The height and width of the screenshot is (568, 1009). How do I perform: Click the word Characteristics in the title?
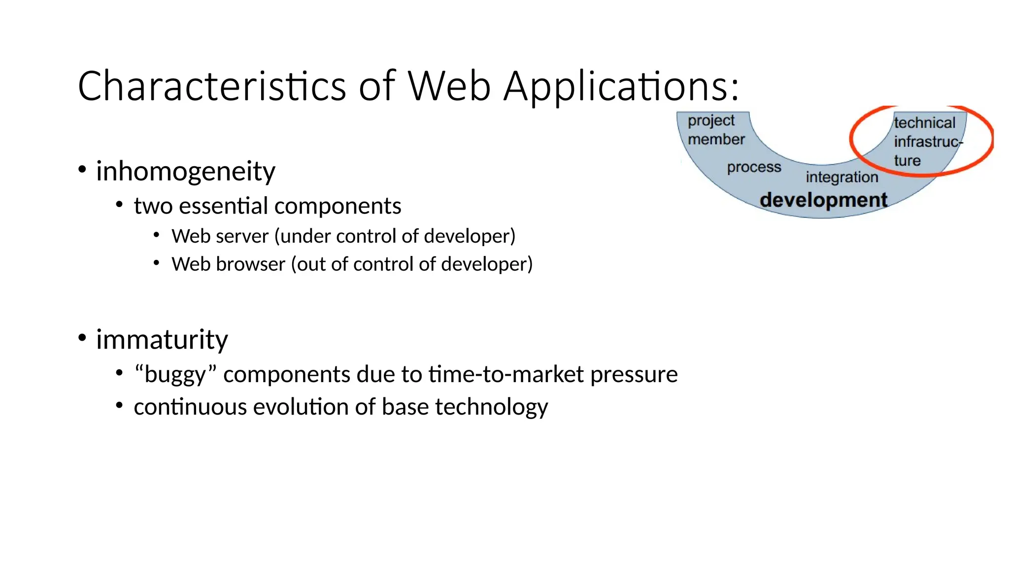212,86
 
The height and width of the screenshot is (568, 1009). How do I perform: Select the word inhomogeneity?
185,172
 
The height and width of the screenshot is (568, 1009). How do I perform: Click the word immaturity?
162,340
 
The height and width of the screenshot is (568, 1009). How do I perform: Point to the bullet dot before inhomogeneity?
82,170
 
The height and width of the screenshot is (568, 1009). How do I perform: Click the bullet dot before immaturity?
82,338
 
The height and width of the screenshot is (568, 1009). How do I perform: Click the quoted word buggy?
175,375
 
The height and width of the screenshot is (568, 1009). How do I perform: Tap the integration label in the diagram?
841,177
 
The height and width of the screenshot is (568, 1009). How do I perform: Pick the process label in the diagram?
754,167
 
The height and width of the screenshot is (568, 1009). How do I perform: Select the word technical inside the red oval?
924,123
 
